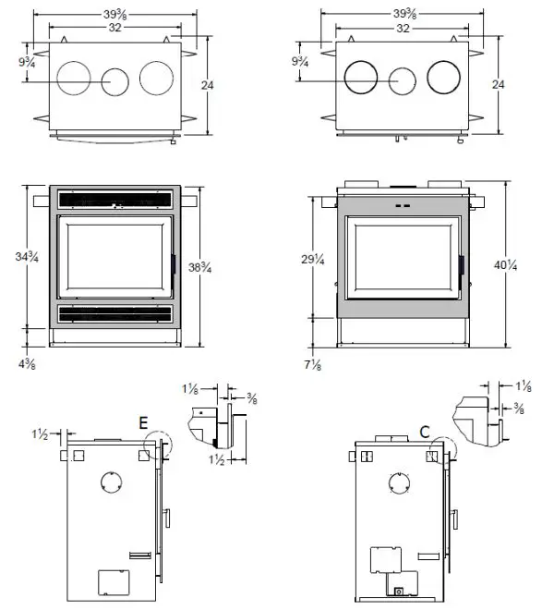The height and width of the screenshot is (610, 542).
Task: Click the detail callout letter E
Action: pyautogui.click(x=143, y=422)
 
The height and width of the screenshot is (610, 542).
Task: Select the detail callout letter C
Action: pyautogui.click(x=424, y=430)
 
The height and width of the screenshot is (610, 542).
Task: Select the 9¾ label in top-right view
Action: pyautogui.click(x=300, y=62)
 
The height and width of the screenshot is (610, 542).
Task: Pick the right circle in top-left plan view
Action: pyautogui.click(x=155, y=78)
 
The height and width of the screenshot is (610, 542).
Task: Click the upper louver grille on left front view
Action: pyautogui.click(x=114, y=199)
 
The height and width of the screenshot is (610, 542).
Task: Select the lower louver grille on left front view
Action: pyautogui.click(x=114, y=314)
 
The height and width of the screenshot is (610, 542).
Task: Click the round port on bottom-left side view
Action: pyautogui.click(x=110, y=483)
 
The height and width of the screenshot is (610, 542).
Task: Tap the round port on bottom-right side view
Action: pyautogui.click(x=399, y=484)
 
